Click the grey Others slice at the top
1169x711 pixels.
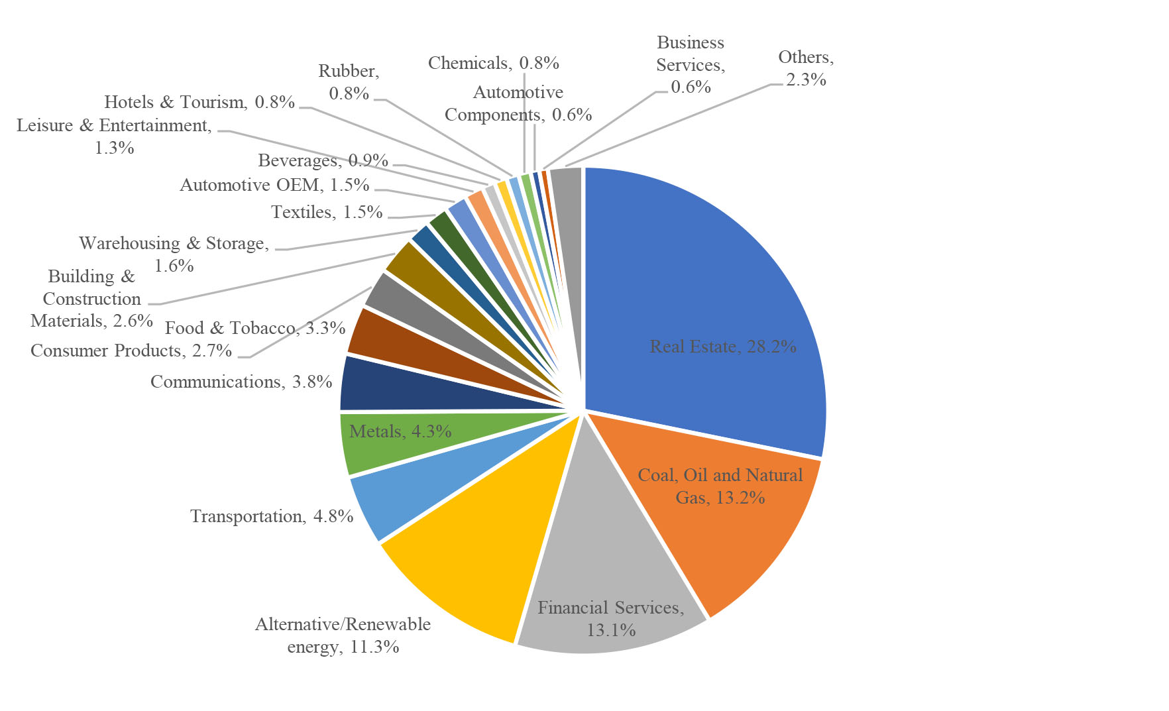pyautogui.click(x=567, y=199)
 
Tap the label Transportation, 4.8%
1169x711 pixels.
pyautogui.click(x=272, y=516)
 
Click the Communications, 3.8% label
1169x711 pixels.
pyautogui.click(x=241, y=382)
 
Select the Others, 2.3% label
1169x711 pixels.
pyautogui.click(x=806, y=68)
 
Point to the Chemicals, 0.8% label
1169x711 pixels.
pyautogui.click(x=494, y=63)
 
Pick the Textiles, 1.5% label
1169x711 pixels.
pyautogui.click(x=327, y=212)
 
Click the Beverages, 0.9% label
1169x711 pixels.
pyautogui.click(x=323, y=160)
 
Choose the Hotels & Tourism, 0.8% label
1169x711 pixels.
pyautogui.click(x=199, y=102)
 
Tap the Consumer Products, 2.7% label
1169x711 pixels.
pyautogui.click(x=131, y=350)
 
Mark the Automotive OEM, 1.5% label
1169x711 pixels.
pyautogui.click(x=274, y=185)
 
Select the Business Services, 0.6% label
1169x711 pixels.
pyautogui.click(x=691, y=65)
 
